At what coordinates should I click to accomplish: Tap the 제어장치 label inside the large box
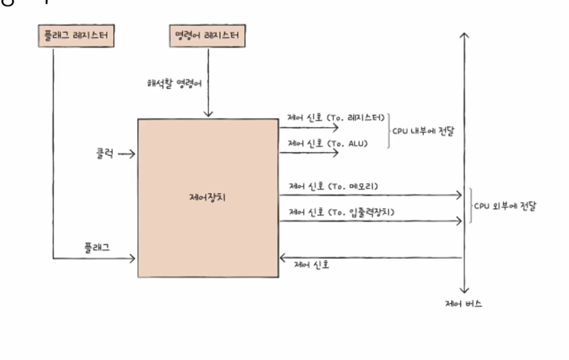click(207, 198)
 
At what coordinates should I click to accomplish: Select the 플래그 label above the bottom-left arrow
click(98, 246)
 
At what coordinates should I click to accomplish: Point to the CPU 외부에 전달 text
click(505, 206)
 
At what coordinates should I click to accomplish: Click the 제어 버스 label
click(463, 303)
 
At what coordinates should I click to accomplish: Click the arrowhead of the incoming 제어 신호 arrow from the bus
click(283, 258)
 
